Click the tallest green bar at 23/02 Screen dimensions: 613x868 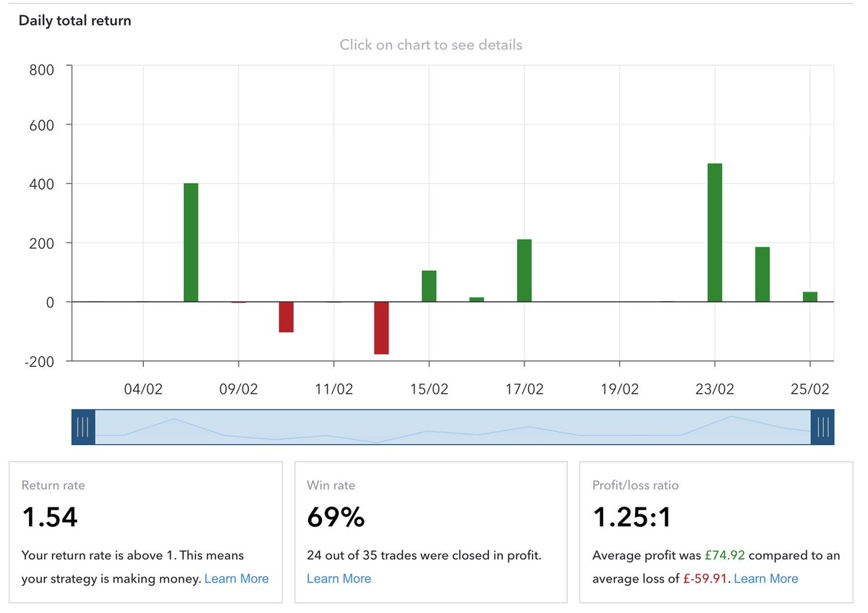715,233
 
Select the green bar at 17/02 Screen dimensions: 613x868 524,271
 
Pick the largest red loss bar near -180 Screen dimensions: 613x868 381,328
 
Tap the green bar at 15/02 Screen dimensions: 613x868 429,286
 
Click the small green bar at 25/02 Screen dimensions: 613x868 810,297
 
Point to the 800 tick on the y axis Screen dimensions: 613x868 41,70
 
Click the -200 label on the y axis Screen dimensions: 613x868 39,361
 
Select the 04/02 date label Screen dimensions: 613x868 143,389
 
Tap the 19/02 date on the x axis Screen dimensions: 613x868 620,389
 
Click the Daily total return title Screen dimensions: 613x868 75,20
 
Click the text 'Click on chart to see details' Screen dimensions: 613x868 431,45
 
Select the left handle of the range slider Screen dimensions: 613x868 83,427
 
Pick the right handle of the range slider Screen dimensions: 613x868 822,427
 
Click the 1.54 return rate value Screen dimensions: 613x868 49,517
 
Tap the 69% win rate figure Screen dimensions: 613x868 336,517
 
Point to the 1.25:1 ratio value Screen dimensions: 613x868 632,517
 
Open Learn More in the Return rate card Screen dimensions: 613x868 237,578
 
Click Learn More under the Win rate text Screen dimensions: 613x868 339,578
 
